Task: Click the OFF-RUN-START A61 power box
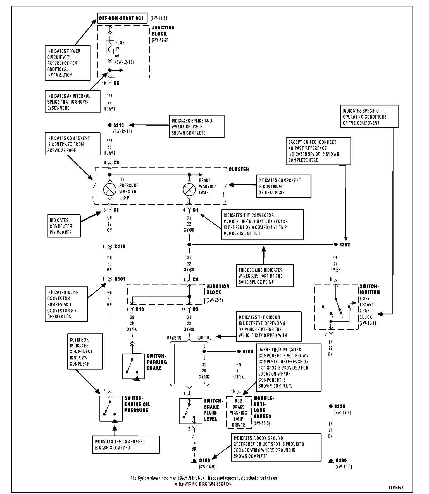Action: (x=122, y=19)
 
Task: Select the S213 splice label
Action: (x=118, y=125)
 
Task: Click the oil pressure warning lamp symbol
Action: (x=110, y=190)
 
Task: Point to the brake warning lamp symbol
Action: (x=189, y=190)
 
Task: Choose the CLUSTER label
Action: (x=239, y=170)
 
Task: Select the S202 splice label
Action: (x=344, y=244)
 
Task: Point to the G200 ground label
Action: (x=341, y=461)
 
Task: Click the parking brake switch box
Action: (x=133, y=366)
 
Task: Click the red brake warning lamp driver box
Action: (x=239, y=413)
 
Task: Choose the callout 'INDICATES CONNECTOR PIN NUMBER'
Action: (x=64, y=226)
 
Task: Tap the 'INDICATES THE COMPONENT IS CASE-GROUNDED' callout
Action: (x=126, y=445)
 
